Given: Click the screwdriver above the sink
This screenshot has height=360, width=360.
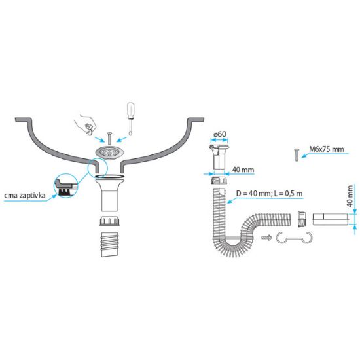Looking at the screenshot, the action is point(130,119).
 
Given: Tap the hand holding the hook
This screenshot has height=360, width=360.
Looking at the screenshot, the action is point(84,124).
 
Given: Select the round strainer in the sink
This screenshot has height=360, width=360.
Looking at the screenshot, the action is point(109,153).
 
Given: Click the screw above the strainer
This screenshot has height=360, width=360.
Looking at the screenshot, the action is point(109,139).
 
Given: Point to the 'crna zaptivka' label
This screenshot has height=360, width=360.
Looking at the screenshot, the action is point(25,196).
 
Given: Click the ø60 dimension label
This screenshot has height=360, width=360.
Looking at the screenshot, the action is point(219,134).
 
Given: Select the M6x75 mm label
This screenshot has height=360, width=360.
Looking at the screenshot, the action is point(326,149).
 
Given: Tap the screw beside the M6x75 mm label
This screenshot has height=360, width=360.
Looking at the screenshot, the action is point(297,155).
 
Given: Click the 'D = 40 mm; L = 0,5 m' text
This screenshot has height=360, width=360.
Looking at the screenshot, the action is point(269,194).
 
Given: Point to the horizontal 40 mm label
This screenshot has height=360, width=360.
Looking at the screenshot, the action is point(243,170).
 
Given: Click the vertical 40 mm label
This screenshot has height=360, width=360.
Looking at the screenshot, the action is point(350,196).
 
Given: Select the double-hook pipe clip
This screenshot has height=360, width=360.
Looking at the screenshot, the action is point(295,238).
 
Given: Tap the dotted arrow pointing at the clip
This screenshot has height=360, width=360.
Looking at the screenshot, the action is point(267,238).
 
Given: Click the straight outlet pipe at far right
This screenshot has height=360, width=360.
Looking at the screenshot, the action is point(331,219).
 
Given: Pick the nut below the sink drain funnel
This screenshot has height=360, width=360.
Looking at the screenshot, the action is point(109,221).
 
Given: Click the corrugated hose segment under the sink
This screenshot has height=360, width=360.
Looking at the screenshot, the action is point(110,244).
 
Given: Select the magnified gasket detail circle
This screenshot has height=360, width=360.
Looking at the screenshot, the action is point(65,185).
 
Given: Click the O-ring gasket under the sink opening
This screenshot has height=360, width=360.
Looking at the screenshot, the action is point(109,176).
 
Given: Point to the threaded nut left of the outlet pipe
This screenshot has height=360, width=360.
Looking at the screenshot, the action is point(302,219).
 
